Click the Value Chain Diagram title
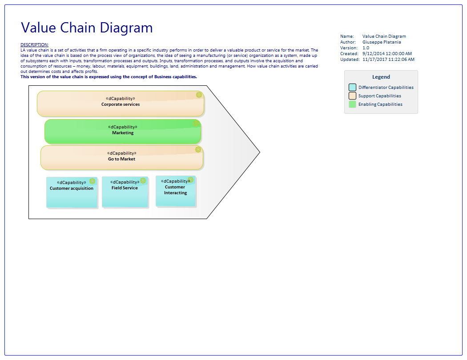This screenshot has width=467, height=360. (87, 28)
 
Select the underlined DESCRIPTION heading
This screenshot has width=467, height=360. (34, 45)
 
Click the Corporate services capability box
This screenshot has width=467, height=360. (121, 104)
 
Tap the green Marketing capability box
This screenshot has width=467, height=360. (123, 132)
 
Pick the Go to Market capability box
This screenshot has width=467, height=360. (122, 158)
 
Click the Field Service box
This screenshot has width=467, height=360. (125, 192)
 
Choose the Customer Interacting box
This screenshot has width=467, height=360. (175, 192)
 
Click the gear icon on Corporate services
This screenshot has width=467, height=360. (199, 95)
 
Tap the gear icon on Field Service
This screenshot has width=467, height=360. (143, 181)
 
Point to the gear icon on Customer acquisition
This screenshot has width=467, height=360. (92, 181)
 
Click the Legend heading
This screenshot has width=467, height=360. (381, 77)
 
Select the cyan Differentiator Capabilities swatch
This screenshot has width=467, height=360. (352, 88)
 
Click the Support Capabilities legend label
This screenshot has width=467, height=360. (380, 96)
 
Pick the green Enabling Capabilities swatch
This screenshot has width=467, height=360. (352, 104)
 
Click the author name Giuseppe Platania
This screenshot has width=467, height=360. (381, 42)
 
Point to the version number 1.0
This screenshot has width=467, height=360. (366, 48)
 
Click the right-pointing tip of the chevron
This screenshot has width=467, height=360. (259, 152)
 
